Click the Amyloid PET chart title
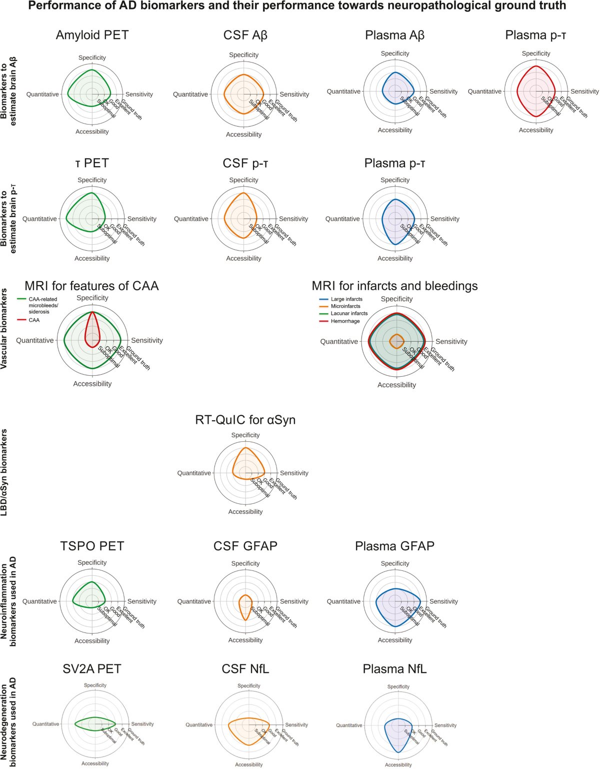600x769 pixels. coord(92,35)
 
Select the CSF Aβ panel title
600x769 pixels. coord(245,35)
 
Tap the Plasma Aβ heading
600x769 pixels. coord(394,35)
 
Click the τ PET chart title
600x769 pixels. coord(92,163)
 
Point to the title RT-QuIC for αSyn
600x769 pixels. coord(245,420)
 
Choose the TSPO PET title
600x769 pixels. coord(92,546)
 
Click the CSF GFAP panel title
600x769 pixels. coord(245,546)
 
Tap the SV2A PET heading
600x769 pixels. coord(92,669)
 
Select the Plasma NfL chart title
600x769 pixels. coord(394,669)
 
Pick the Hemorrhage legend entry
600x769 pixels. coord(345,321)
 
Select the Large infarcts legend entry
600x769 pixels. coord(346,299)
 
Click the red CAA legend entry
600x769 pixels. coord(34,320)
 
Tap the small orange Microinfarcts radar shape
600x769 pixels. coord(396,341)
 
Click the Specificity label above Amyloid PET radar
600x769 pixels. coord(92,58)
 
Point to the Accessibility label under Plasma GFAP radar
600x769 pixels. coord(395,640)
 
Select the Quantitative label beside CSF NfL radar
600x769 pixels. coord(199,724)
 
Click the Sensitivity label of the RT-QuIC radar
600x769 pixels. coord(294,473)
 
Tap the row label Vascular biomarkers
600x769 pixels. coord(4,329)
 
